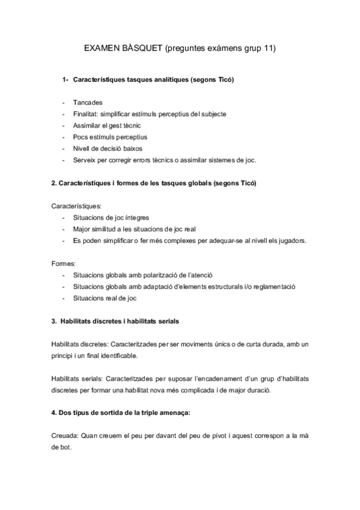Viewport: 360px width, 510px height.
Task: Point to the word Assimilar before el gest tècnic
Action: point(87,125)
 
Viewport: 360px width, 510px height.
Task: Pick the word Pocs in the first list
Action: point(81,137)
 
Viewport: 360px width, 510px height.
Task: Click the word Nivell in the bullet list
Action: point(82,148)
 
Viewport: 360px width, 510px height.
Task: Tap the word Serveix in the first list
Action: point(85,159)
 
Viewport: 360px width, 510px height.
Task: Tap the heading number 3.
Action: point(53,321)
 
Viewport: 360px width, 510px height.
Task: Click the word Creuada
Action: point(61,436)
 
